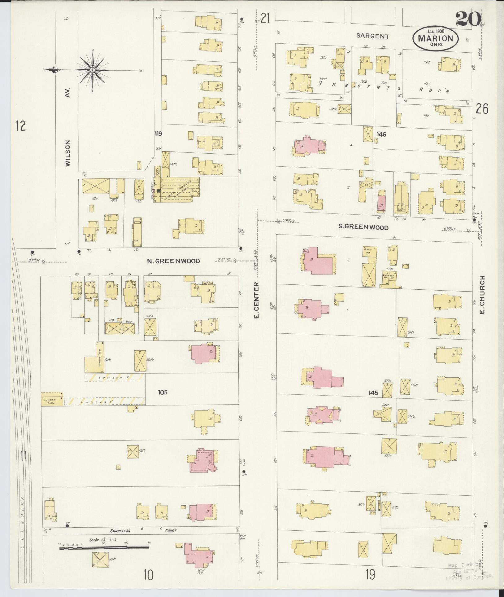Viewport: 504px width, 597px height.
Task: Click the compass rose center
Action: pos(92,70)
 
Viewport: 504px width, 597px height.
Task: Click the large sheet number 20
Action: pos(467,19)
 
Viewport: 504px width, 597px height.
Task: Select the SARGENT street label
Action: pos(372,36)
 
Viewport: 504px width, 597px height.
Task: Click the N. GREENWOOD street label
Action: pos(173,261)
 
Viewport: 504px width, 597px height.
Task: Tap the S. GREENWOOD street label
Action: pos(363,227)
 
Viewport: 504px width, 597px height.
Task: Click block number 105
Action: pos(162,392)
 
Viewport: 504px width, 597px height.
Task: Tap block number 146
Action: pos(381,134)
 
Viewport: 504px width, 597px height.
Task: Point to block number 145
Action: pos(373,393)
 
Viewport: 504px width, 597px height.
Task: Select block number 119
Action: pos(159,134)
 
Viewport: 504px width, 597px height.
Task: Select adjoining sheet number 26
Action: pos(482,109)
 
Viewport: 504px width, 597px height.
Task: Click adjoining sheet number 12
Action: pos(21,126)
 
